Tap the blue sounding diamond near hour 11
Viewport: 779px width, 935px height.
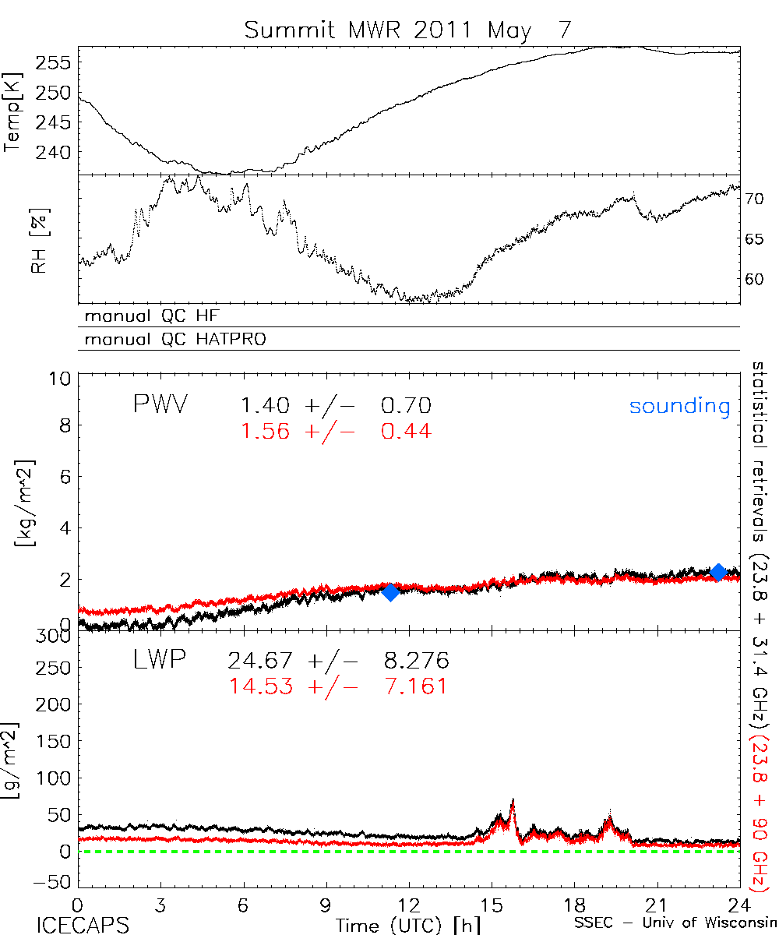point(390,591)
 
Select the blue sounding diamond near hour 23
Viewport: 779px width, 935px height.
point(718,573)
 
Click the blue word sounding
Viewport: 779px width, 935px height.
point(680,406)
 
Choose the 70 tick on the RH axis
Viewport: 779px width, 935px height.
point(756,199)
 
